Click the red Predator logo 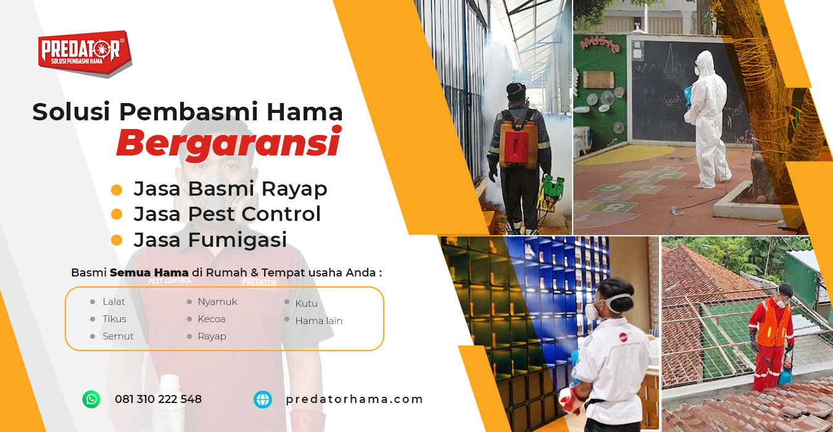[x=85, y=53]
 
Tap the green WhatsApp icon [x=91, y=399]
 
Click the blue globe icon [x=262, y=399]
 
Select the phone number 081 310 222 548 [x=158, y=399]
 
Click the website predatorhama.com [x=354, y=399]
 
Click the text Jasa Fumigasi [x=210, y=239]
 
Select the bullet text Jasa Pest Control [x=227, y=214]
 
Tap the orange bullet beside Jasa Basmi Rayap [x=117, y=189]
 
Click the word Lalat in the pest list [x=114, y=302]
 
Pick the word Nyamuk [x=217, y=302]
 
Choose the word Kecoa [x=211, y=319]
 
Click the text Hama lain [x=318, y=321]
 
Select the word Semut [x=118, y=336]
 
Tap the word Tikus [x=114, y=319]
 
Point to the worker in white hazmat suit [x=708, y=119]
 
